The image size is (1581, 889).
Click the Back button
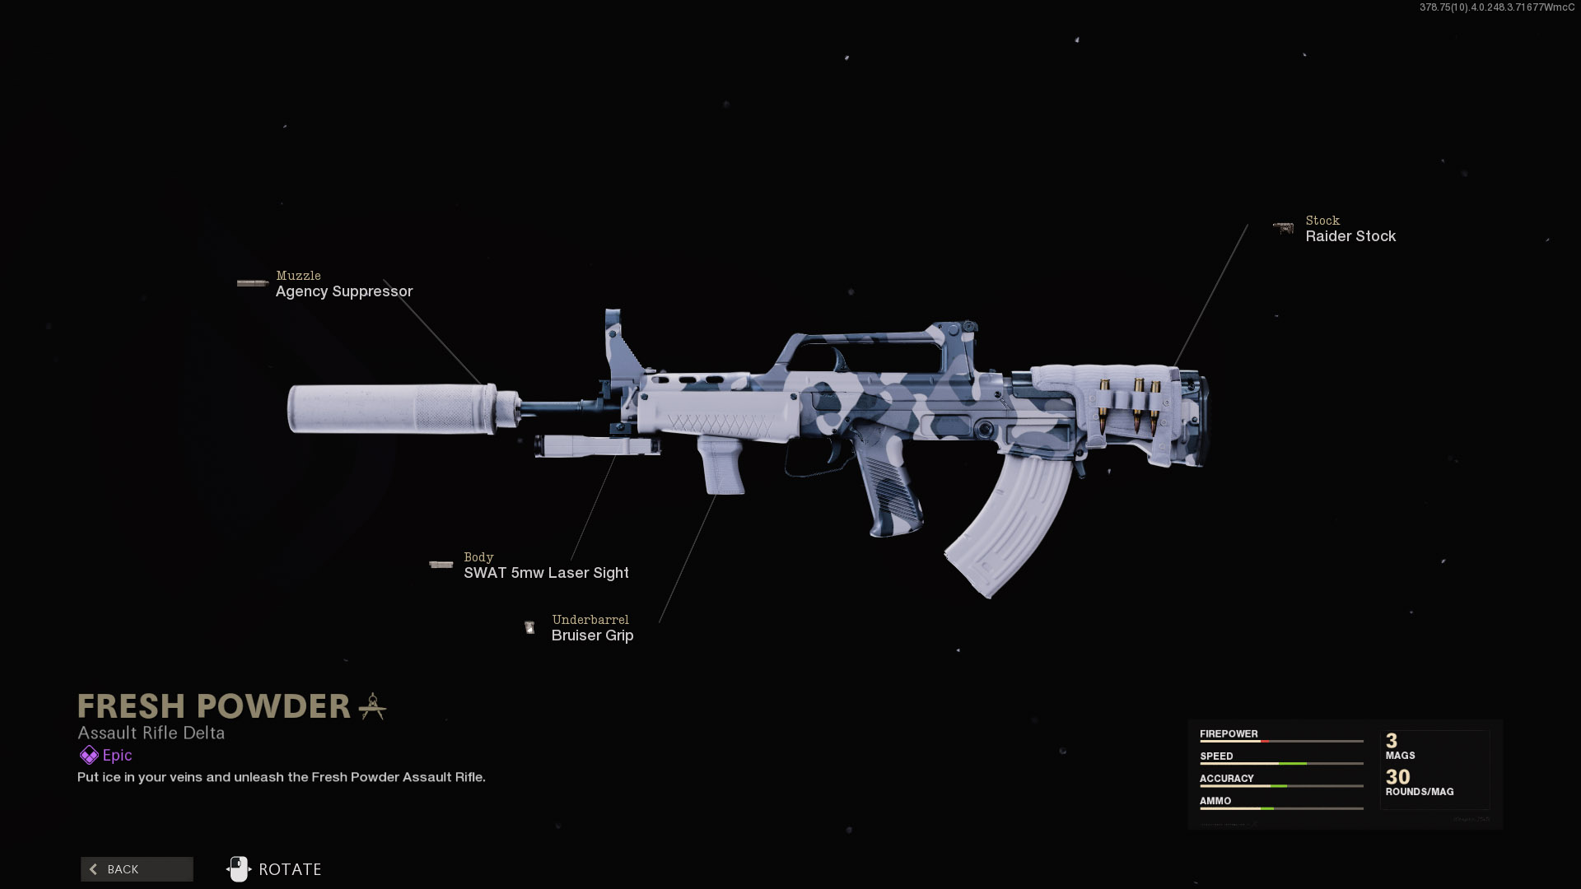(x=137, y=869)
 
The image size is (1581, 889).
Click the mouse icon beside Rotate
(x=238, y=869)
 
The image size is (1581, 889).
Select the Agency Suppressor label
(x=343, y=291)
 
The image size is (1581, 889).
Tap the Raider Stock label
(x=1350, y=236)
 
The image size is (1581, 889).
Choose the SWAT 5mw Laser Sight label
(x=546, y=573)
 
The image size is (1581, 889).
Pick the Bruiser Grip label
(x=592, y=635)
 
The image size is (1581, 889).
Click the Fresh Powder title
(x=214, y=706)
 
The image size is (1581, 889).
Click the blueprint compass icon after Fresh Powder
(x=372, y=706)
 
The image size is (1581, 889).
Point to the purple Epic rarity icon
(x=88, y=756)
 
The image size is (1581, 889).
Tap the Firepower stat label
(x=1229, y=733)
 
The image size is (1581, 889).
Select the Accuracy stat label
(x=1226, y=778)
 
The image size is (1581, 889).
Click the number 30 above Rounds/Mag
(x=1397, y=776)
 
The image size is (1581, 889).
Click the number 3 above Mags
(x=1392, y=741)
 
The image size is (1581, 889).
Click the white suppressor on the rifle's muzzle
(x=391, y=409)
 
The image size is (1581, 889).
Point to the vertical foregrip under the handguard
(x=720, y=466)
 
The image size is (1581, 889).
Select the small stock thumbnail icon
(x=1283, y=228)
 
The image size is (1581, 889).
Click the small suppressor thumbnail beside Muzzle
(x=252, y=283)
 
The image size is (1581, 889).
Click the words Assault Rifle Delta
(x=151, y=733)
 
